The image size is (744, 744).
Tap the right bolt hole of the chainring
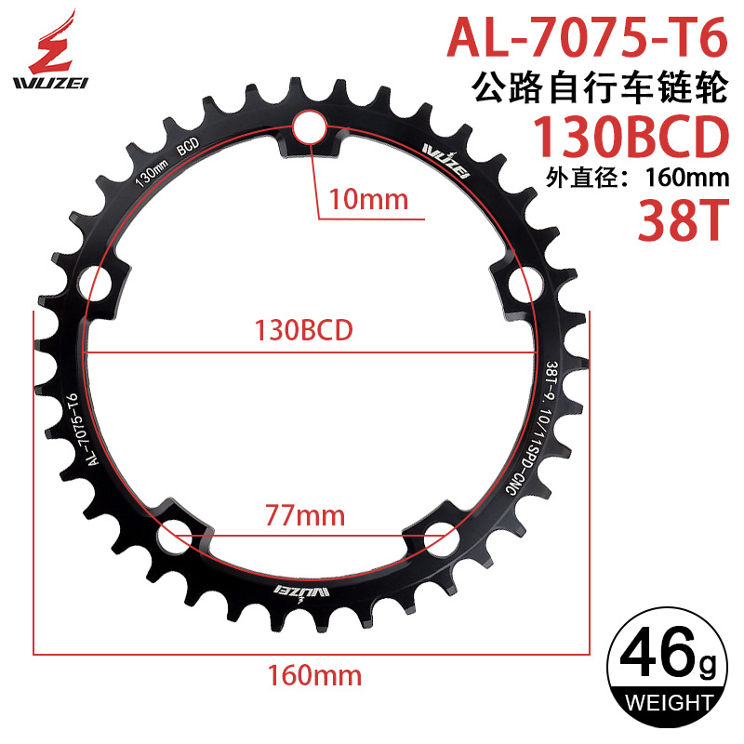tap(522, 281)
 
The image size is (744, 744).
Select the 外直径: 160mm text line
tap(632, 177)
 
